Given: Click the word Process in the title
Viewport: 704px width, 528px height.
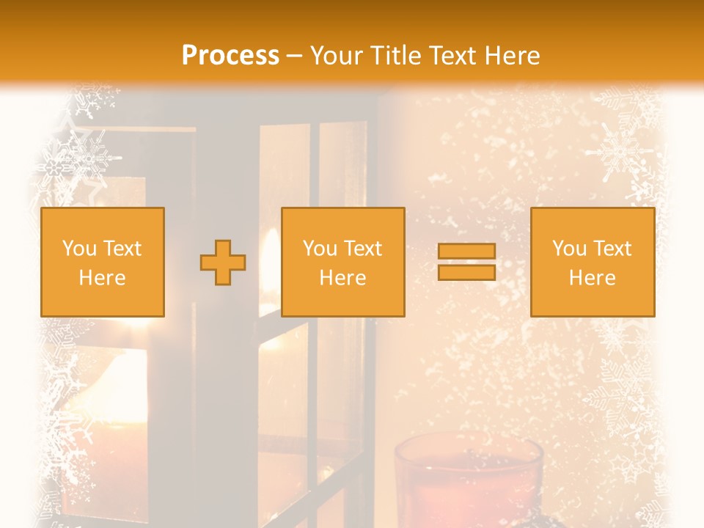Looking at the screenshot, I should point(230,56).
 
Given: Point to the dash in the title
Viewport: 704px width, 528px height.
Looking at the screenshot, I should point(294,56).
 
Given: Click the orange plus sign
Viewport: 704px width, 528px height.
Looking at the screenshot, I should point(223,263).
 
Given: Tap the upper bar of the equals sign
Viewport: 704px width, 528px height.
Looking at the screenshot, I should point(466,252).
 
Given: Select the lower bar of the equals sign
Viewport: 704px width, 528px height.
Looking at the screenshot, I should point(466,273).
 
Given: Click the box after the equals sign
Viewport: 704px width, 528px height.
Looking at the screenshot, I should point(592,297).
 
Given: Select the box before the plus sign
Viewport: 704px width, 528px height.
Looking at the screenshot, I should point(102,297).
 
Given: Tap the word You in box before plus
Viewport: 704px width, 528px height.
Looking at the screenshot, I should point(80,249).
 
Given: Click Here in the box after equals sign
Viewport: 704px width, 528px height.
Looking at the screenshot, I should point(592,278).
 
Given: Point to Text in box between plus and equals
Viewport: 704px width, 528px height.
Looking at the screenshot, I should point(363,249).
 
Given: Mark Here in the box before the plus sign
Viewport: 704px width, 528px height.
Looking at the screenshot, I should point(102,278).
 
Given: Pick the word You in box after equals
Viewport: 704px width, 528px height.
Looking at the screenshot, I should point(570,249).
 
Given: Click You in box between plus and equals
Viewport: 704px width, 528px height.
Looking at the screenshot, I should point(320,249).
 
